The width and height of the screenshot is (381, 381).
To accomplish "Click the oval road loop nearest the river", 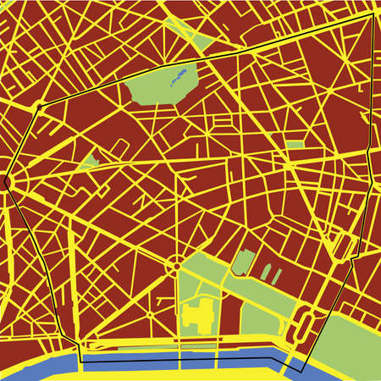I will pos(306,324).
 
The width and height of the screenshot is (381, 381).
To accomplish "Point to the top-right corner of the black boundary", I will pos(373,14).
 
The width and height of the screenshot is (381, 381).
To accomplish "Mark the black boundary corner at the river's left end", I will pos(81,361).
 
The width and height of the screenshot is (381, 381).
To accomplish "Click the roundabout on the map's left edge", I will pos(7,180).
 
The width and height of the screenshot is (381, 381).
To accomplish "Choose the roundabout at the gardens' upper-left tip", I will pos(175,267).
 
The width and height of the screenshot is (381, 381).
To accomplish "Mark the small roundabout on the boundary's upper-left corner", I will pos(39,108).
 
